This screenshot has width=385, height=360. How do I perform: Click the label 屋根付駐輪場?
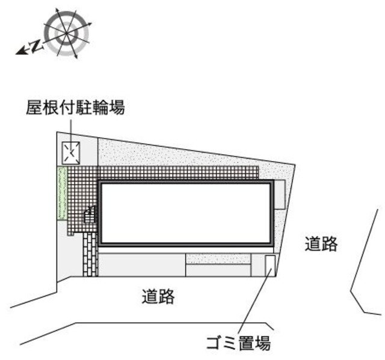click(x=75, y=108)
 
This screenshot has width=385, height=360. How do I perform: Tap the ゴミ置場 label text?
click(x=238, y=343)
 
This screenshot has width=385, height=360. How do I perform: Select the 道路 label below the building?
click(x=158, y=296)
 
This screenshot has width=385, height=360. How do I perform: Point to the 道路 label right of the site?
click(x=321, y=244)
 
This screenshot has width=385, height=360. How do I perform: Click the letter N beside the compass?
click(x=36, y=46)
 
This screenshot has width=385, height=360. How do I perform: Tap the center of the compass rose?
click(x=67, y=32)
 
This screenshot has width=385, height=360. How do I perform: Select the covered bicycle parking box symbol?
click(x=71, y=153)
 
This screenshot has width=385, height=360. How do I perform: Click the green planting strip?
click(x=62, y=194)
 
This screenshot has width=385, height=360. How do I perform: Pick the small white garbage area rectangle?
click(x=270, y=266)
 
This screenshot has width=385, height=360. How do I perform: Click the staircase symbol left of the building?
click(x=90, y=215)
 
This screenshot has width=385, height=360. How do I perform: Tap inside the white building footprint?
click(x=186, y=213)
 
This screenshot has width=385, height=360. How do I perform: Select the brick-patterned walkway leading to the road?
click(x=90, y=254)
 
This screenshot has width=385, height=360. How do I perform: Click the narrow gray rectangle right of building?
click(x=279, y=195)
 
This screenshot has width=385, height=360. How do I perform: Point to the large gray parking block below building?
click(x=142, y=265)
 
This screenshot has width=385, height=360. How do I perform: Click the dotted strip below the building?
click(x=218, y=259)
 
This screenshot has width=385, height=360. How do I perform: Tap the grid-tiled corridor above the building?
click(x=179, y=173)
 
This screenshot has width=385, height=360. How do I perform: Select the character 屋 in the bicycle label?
click(x=34, y=108)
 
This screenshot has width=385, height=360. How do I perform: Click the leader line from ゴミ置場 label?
click(x=254, y=301)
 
